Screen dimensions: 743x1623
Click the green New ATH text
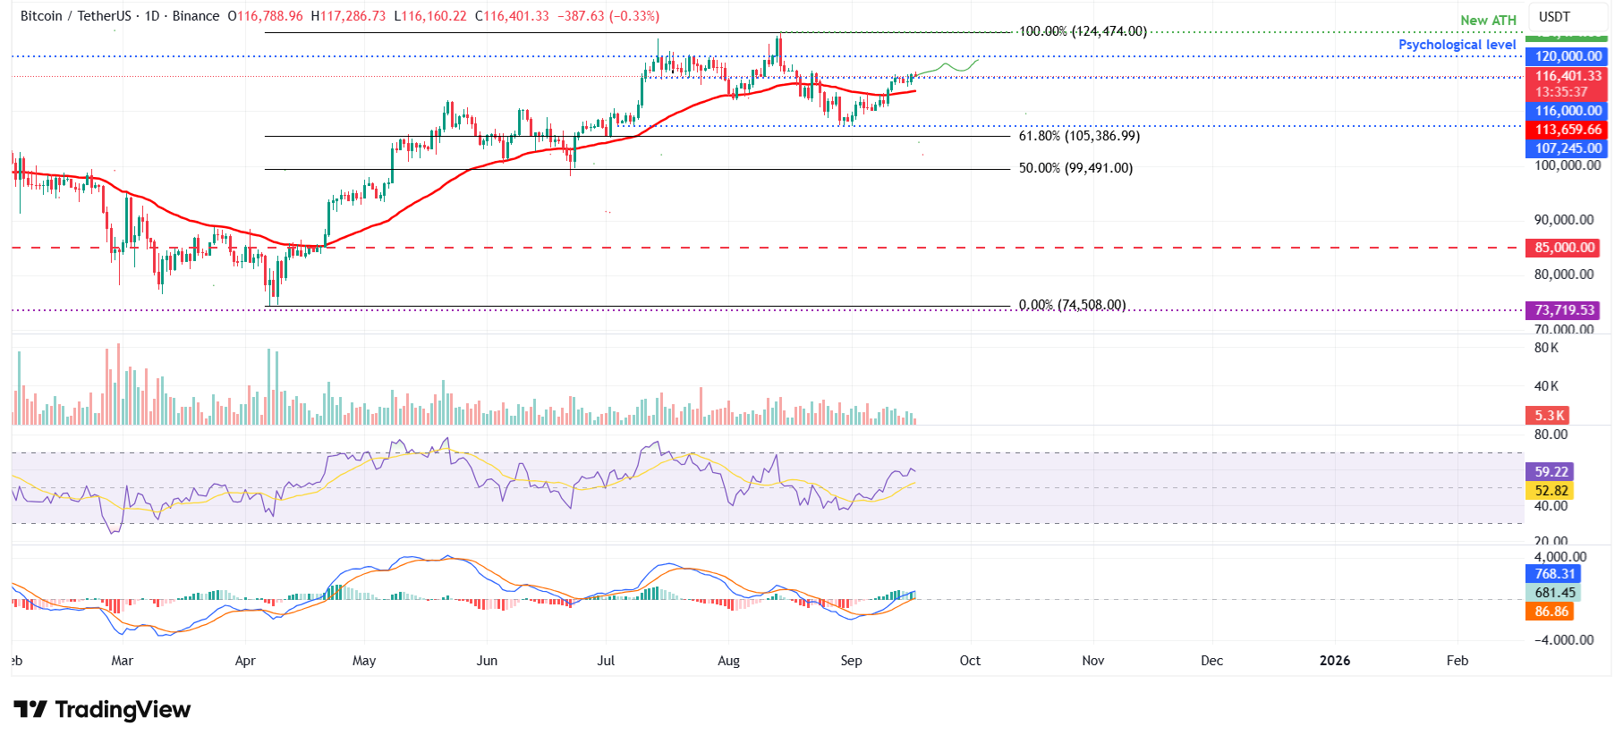coord(1488,20)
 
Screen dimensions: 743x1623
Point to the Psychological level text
coord(1457,45)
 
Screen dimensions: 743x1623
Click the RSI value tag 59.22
coord(1551,472)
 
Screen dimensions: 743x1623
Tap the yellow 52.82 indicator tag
coord(1551,491)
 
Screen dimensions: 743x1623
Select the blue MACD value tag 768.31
coord(1554,574)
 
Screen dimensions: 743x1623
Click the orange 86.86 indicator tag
coord(1551,612)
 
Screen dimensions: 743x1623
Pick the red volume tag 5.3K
coord(1549,416)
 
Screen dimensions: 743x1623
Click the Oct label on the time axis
coord(970,661)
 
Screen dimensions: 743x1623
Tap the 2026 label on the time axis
coord(1335,661)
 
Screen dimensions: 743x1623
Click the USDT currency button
coord(1554,16)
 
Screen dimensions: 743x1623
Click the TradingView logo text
coord(122,710)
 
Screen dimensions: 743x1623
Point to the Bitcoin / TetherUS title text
coord(75,16)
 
